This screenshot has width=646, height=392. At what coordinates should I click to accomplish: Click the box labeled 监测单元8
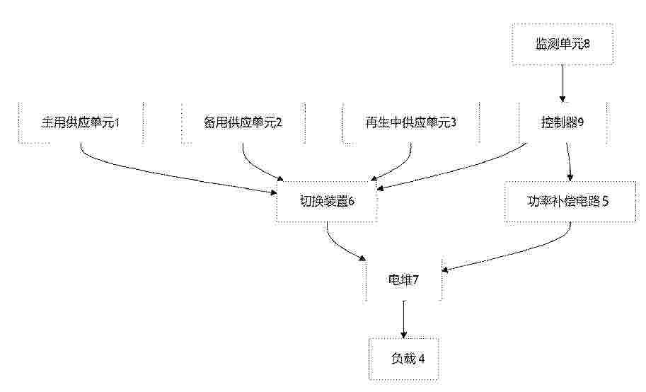tap(563, 44)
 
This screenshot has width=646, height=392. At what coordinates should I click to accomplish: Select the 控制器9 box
tap(563, 123)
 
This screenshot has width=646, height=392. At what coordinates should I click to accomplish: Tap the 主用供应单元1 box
tap(81, 123)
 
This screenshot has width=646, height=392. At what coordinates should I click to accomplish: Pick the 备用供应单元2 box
tap(243, 123)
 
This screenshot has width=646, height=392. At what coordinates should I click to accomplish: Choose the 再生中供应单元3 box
tap(411, 123)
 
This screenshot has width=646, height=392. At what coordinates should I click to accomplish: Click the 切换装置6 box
tap(327, 202)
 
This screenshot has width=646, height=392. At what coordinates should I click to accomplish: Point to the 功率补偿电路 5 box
tap(570, 202)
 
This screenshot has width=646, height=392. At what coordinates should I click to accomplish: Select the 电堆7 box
tap(403, 280)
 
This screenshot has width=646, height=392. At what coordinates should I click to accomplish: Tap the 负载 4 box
tap(404, 359)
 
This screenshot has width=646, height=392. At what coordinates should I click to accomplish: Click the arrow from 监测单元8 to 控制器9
tap(563, 83)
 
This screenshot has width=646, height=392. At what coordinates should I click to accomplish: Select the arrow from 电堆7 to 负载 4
tap(404, 319)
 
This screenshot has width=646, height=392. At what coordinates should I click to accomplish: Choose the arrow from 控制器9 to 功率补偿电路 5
tap(570, 162)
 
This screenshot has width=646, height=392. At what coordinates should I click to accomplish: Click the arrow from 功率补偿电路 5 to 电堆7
tap(515, 251)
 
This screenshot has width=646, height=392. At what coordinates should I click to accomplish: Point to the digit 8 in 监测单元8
tap(587, 44)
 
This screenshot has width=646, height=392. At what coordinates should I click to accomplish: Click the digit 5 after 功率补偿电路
tap(605, 201)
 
